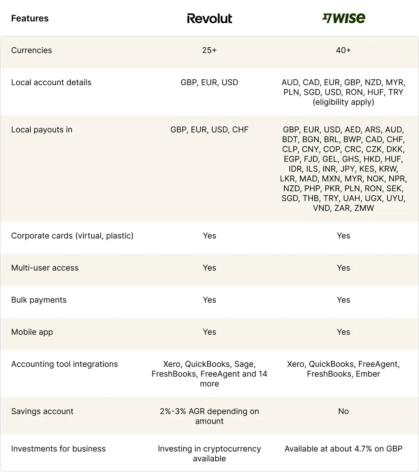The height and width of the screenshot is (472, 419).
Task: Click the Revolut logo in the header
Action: pyautogui.click(x=209, y=18)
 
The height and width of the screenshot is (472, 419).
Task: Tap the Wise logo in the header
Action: pyautogui.click(x=344, y=18)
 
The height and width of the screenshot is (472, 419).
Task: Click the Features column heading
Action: pyautogui.click(x=30, y=18)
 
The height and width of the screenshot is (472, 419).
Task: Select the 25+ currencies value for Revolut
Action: pyautogui.click(x=209, y=50)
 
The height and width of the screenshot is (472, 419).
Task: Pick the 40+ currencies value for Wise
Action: pyautogui.click(x=344, y=50)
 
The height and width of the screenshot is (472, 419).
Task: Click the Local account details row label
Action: pyautogui.click(x=51, y=82)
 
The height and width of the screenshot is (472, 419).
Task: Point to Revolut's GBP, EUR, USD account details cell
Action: pyautogui.click(x=209, y=82)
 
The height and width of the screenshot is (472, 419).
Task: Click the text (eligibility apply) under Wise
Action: pyautogui.click(x=344, y=102)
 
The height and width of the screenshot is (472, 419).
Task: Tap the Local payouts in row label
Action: pyautogui.click(x=42, y=130)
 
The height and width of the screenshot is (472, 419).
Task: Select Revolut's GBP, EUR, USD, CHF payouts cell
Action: pyautogui.click(x=209, y=130)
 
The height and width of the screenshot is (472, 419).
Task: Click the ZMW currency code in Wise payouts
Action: pyautogui.click(x=364, y=208)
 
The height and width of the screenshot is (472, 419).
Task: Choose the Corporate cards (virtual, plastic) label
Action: pyautogui.click(x=72, y=236)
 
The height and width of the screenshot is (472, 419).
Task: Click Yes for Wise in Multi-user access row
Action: pyautogui.click(x=344, y=268)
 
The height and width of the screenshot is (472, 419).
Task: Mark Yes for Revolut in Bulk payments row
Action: pyautogui.click(x=209, y=300)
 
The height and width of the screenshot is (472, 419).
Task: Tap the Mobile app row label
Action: pyautogui.click(x=32, y=332)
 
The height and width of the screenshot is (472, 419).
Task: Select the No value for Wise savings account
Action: pyautogui.click(x=344, y=411)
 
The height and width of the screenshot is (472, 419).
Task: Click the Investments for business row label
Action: pyautogui.click(x=58, y=449)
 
